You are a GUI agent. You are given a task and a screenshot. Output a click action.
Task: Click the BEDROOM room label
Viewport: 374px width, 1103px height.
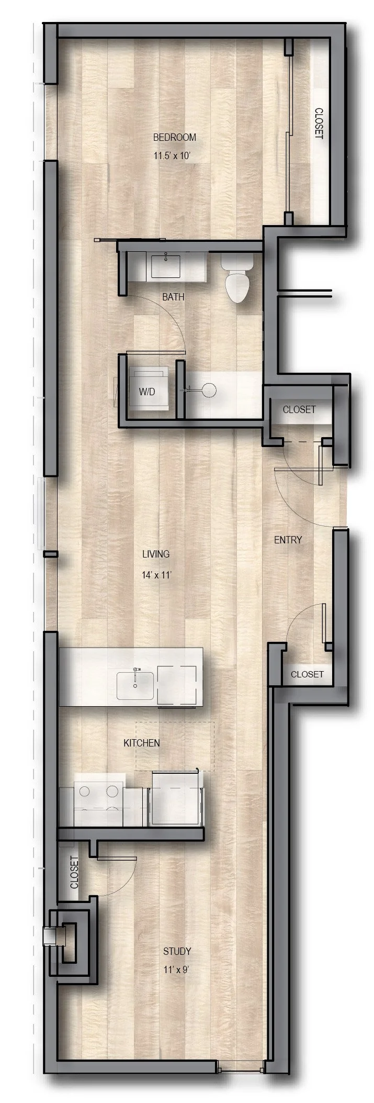click(x=174, y=137)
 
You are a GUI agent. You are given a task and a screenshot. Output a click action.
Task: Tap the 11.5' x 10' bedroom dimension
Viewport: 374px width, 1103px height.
click(x=174, y=156)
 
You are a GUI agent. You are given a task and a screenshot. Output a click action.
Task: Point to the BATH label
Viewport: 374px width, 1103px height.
click(x=173, y=297)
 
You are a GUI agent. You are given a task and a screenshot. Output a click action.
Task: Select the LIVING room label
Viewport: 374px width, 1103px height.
click(x=156, y=554)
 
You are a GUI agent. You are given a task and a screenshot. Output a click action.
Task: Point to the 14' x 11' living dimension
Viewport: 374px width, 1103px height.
click(x=156, y=574)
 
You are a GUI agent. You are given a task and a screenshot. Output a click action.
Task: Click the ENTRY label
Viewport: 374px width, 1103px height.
click(x=288, y=540)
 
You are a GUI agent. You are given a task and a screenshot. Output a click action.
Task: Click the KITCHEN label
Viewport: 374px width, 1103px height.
click(x=141, y=742)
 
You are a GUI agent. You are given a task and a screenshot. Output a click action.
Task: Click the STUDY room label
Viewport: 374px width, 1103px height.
click(x=177, y=936)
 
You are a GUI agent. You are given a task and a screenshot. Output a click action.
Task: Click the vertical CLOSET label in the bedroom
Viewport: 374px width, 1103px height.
click(x=319, y=124)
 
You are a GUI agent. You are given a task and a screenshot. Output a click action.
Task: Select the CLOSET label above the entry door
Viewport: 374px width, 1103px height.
click(x=299, y=409)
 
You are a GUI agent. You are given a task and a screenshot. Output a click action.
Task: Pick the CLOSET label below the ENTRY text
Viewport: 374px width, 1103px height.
click(x=307, y=674)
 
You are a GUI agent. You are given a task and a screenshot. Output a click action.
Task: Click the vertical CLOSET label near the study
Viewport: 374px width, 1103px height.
click(x=74, y=872)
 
